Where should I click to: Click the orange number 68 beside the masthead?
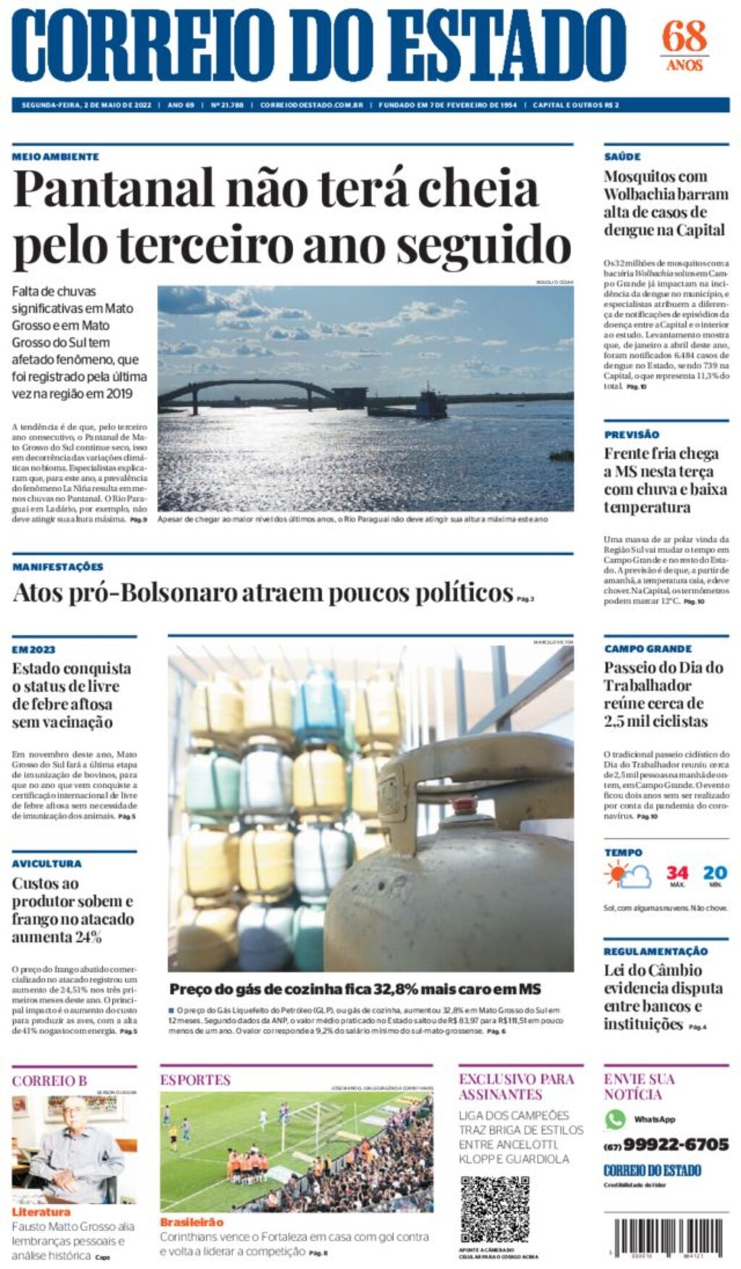point(684,36)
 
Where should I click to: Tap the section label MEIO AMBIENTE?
point(56,156)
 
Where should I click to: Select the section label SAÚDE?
point(622,156)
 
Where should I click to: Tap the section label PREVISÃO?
point(632,435)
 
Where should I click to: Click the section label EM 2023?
point(33,650)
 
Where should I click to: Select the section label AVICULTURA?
point(46,863)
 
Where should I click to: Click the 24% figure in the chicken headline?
point(87,937)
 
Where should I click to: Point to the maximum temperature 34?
point(677,873)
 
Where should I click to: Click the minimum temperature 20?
point(715,873)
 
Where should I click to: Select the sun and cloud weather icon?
point(627,876)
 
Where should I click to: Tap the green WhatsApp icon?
point(615,1119)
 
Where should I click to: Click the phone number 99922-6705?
point(675,1144)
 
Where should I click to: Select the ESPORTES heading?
point(195,1080)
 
